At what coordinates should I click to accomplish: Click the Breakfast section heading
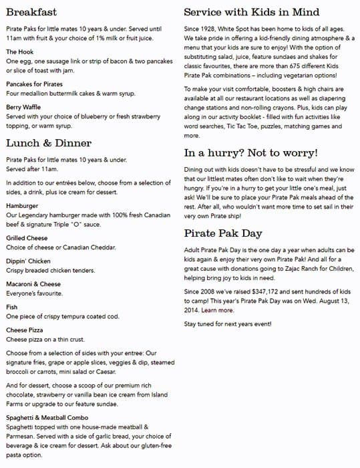(31, 12)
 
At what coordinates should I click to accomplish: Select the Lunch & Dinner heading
(49, 143)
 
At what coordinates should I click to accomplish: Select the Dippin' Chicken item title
(28, 261)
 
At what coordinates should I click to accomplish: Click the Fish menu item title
(12, 307)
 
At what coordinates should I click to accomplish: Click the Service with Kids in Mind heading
(251, 12)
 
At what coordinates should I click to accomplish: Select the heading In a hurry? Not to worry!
(251, 153)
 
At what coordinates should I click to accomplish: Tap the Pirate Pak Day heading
(223, 233)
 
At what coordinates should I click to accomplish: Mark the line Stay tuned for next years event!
(228, 324)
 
